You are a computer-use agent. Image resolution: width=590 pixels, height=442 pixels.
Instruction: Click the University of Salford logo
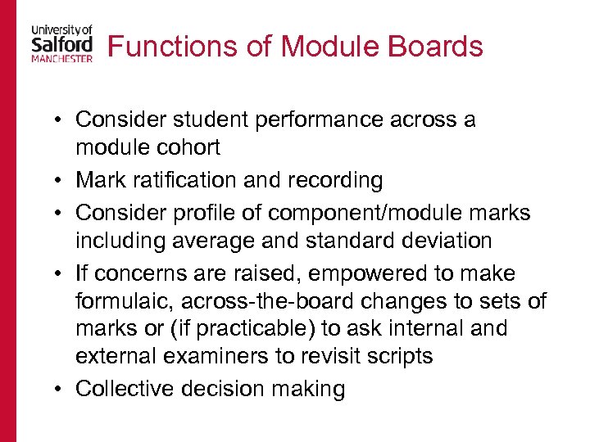pyautogui.click(x=61, y=43)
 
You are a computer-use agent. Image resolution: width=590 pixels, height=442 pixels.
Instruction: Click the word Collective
pyautogui.click(x=123, y=388)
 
